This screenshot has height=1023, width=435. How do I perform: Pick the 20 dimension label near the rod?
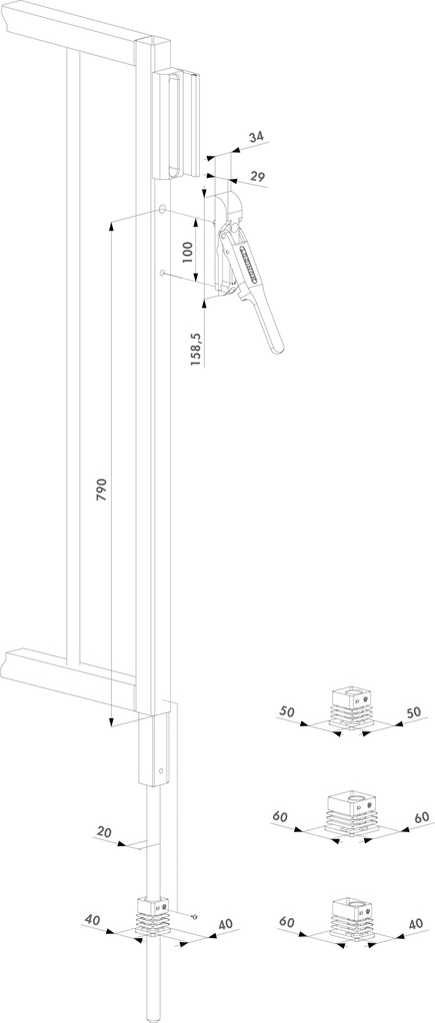[104, 831]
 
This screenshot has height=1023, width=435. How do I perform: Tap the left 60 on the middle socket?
[281, 816]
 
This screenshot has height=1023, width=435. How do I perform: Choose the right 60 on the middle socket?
[421, 816]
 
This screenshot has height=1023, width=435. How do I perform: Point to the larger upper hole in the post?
[161, 211]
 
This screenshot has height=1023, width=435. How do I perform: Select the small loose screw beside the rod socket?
[193, 916]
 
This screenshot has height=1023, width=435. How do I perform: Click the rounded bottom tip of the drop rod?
[153, 1016]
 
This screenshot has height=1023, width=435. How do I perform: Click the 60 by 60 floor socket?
[351, 811]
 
